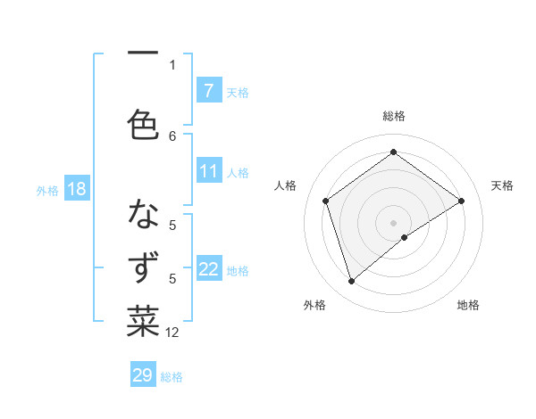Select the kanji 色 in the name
pyautogui.click(x=143, y=124)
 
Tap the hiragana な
pyautogui.click(x=143, y=215)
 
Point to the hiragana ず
pyautogui.click(x=144, y=268)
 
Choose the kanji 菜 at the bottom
pyautogui.click(x=143, y=321)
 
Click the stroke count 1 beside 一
pyautogui.click(x=172, y=64)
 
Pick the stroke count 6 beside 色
pyautogui.click(x=172, y=136)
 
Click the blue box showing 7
pyautogui.click(x=208, y=90)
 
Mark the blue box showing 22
pyautogui.click(x=208, y=269)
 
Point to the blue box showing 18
pyautogui.click(x=76, y=189)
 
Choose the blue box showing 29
pyautogui.click(x=142, y=375)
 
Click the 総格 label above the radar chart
pyautogui.click(x=394, y=116)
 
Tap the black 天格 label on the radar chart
pyautogui.click(x=502, y=185)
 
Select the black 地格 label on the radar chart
pyautogui.click(x=468, y=305)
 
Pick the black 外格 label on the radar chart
pyautogui.click(x=314, y=305)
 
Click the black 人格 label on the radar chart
pyautogui.click(x=286, y=185)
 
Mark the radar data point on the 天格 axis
pyautogui.click(x=462, y=201)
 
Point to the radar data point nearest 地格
pyautogui.click(x=406, y=237)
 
